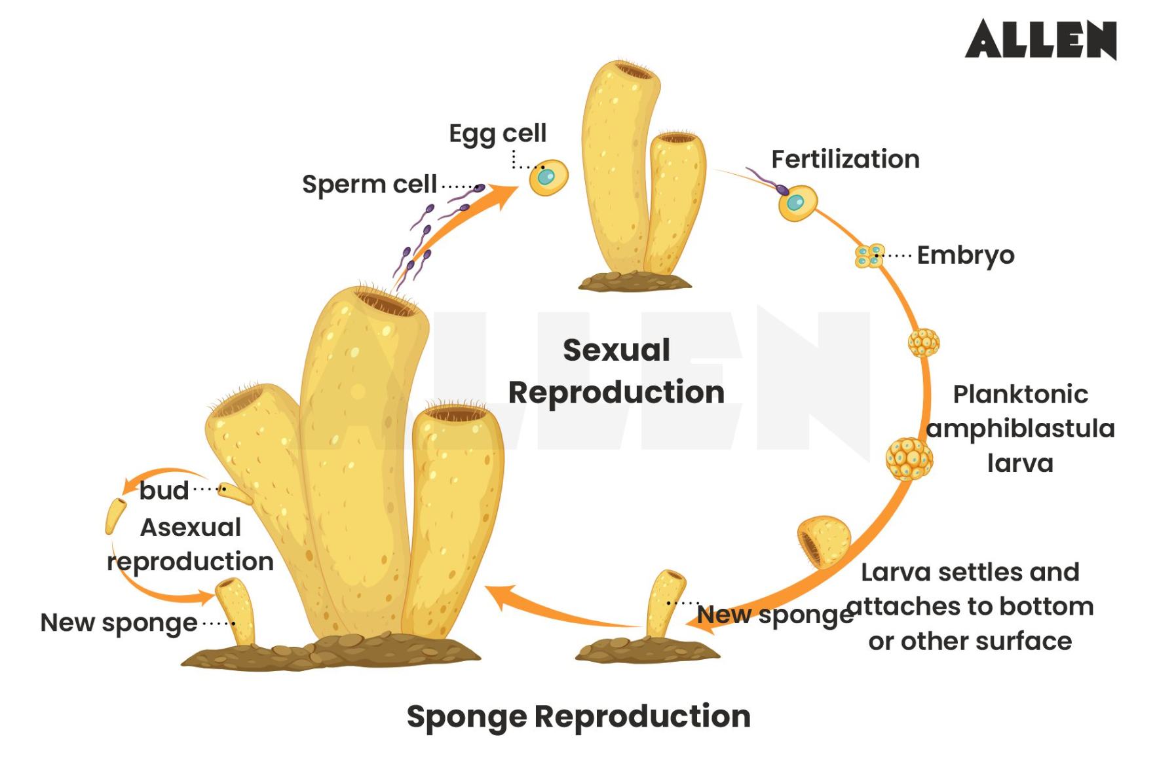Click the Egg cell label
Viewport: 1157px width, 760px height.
pos(497,134)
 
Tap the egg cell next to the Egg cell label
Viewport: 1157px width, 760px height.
pos(548,177)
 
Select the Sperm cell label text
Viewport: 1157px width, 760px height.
pos(369,185)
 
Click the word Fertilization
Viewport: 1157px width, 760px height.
pos(845,159)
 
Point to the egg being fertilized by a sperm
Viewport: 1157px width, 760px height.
pos(797,202)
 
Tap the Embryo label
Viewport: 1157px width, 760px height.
pos(965,255)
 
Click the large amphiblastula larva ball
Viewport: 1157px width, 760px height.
pos(909,459)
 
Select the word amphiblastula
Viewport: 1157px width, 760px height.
pos(1020,429)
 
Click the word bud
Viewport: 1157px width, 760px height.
pos(163,490)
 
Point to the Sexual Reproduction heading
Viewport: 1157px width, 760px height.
pos(616,371)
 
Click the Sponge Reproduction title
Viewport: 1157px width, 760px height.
pos(578,716)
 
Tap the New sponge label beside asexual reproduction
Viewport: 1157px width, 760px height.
pos(119,623)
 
